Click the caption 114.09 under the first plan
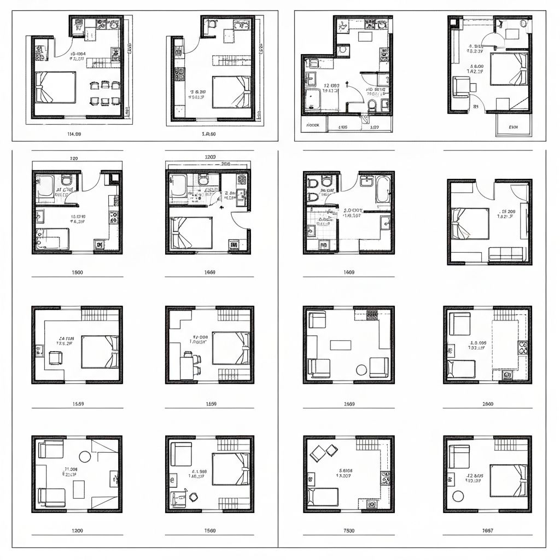74,133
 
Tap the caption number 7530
349,530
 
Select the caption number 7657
488,530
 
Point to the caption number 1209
78,530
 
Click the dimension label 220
74,158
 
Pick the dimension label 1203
210,157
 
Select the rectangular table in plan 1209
79,489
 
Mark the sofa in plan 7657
459,456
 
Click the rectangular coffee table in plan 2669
341,345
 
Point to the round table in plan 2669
361,370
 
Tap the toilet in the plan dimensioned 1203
203,179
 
